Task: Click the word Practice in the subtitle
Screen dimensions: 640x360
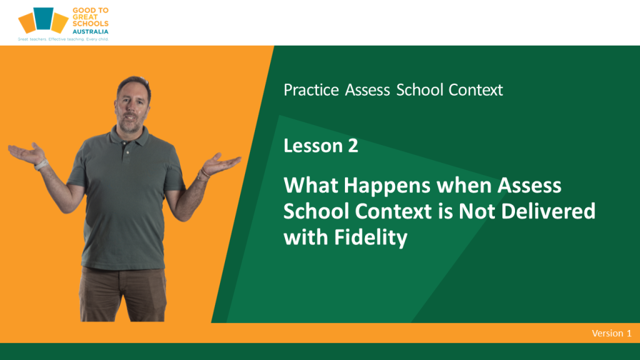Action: [311, 90]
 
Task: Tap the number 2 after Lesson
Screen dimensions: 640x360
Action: [353, 146]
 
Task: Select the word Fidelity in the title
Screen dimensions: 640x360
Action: [371, 237]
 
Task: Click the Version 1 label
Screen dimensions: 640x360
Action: [611, 333]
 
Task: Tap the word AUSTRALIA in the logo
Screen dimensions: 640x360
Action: [90, 31]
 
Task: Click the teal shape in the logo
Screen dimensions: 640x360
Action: [43, 18]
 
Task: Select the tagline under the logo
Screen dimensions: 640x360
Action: [63, 39]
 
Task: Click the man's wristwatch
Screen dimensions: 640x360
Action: [41, 165]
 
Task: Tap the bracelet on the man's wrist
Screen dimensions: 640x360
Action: [204, 174]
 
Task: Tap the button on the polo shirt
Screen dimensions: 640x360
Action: [127, 152]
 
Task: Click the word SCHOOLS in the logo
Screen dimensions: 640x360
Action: [90, 24]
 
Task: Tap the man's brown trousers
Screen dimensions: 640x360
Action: [123, 294]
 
